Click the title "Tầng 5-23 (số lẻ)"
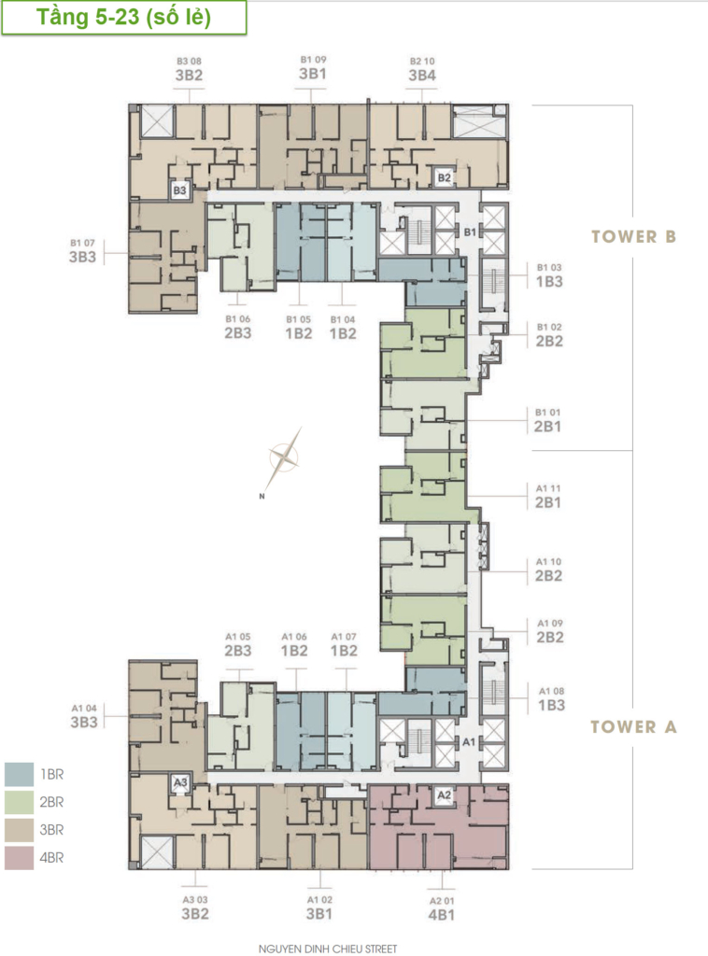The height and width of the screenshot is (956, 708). point(124,17)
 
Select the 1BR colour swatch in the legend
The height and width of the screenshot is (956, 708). point(19,774)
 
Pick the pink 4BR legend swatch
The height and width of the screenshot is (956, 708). point(19,858)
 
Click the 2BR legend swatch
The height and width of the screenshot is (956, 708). point(19,802)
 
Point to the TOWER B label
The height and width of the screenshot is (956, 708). point(633,236)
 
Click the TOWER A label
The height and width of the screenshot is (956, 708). point(633,726)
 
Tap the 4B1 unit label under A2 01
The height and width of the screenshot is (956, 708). point(441,915)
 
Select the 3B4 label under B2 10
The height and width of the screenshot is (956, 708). point(422,76)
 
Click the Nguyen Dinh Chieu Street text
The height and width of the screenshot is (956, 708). point(328,949)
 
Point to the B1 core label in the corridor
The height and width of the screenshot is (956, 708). point(470,232)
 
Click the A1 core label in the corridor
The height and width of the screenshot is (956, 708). point(468,742)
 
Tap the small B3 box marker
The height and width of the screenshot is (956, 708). point(179,190)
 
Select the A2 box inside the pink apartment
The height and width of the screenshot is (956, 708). point(444,795)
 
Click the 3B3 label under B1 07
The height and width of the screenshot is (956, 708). point(82,258)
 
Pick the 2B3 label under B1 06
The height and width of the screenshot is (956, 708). point(238,333)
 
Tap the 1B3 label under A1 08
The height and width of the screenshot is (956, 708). point(551,706)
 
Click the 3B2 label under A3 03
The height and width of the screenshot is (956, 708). point(195,914)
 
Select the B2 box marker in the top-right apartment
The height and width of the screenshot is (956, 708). point(444,178)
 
